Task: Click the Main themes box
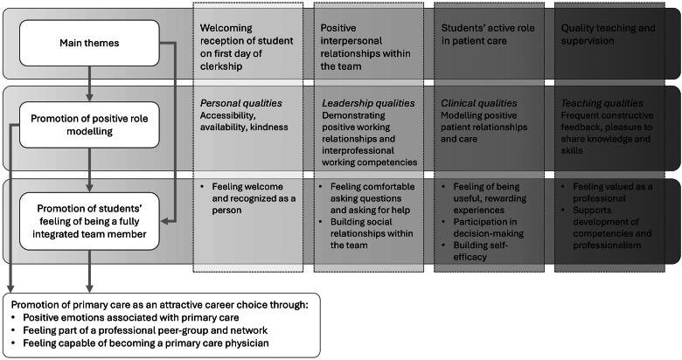click(90, 42)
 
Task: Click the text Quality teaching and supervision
click(609, 36)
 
